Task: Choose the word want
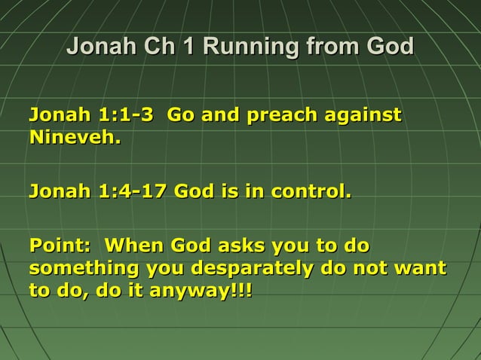[x=421, y=268]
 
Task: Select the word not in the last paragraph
[x=369, y=268]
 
